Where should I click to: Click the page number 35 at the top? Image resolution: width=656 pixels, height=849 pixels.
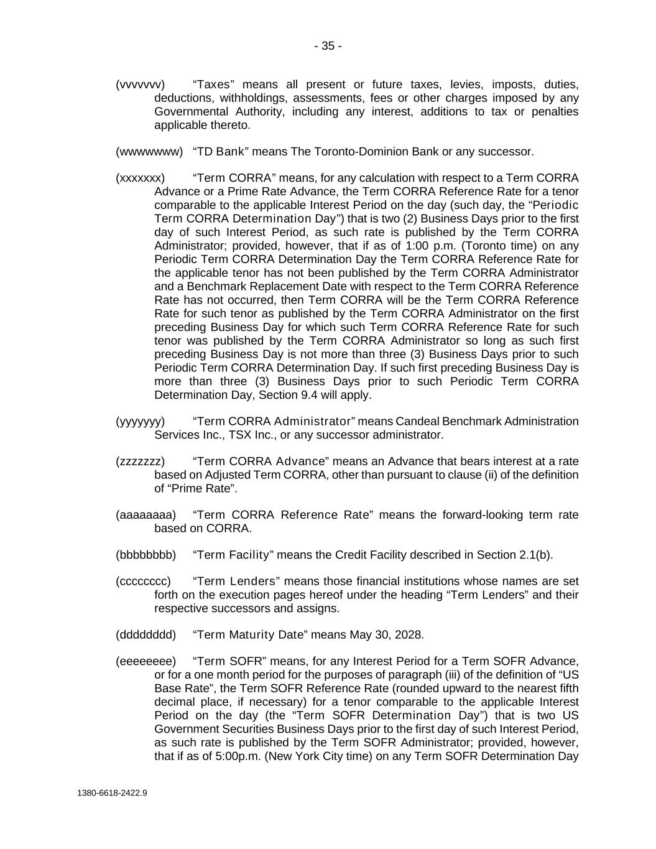pos(328,46)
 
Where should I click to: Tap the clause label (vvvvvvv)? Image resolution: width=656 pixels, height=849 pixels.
pos(140,85)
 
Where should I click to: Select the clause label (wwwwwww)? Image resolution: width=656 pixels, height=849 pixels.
pos(149,152)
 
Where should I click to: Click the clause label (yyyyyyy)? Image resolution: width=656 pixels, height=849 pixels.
pos(140,422)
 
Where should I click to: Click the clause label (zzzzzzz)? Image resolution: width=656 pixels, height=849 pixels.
pos(140,462)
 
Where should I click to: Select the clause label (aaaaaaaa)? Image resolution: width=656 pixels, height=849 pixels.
pos(146,515)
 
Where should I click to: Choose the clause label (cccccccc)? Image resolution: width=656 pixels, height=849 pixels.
pos(143,582)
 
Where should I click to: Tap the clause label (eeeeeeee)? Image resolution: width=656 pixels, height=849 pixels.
pos(146,661)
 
